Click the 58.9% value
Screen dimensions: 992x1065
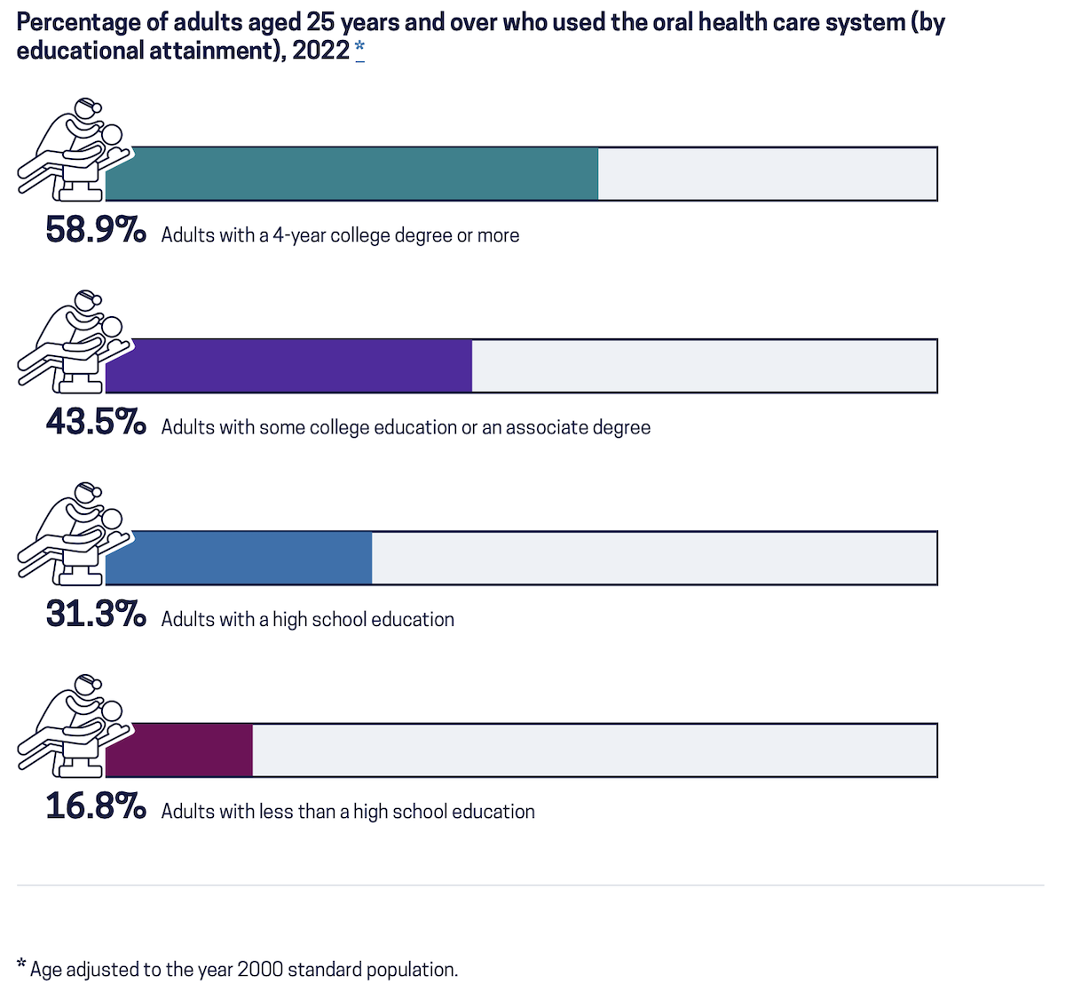95,231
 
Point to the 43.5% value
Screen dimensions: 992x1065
95,423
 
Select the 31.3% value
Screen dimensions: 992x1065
95,615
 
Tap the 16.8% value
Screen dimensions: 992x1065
95,806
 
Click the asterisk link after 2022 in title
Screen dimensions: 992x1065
359,49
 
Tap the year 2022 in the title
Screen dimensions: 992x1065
320,50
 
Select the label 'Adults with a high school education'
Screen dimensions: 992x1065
307,619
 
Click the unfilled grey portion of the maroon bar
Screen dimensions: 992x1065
595,750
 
